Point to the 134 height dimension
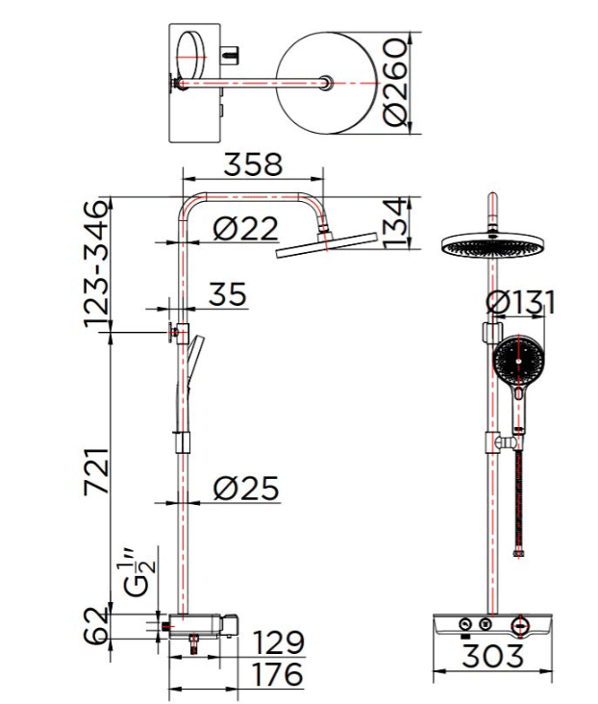click(395, 224)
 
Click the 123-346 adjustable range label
click(96, 264)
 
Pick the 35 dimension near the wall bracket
click(227, 294)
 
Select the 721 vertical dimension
click(96, 472)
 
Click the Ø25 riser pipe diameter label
click(245, 488)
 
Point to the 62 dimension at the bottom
click(96, 626)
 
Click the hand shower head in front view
click(521, 360)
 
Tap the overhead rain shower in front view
click(492, 246)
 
